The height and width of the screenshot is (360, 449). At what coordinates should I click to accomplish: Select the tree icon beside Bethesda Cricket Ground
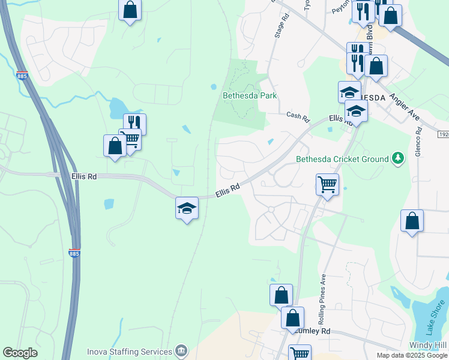[x=396, y=159]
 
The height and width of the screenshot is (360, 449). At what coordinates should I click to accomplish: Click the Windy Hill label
[x=429, y=345]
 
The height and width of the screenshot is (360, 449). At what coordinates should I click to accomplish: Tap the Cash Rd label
[x=297, y=115]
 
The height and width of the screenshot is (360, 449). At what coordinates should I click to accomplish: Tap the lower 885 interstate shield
[x=74, y=253]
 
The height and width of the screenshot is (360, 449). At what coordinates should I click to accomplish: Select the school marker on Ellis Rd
[x=187, y=208]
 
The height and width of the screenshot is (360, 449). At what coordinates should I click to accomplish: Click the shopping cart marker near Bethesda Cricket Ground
[x=327, y=184]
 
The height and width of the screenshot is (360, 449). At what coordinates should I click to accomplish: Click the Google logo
[x=20, y=353]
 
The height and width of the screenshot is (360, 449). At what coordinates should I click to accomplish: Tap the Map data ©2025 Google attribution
[x=412, y=355]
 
